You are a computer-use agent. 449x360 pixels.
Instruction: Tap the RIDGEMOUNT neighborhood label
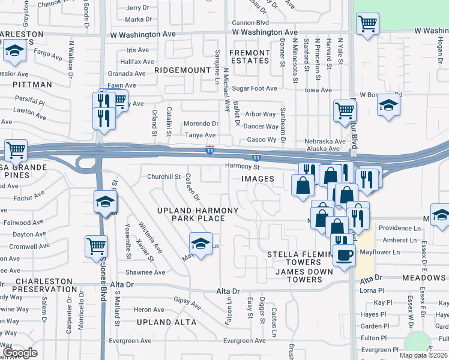[x=182, y=70]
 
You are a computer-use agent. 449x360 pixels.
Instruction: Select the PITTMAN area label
[x=32, y=85]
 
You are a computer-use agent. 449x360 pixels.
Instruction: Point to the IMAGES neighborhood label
[x=258, y=179]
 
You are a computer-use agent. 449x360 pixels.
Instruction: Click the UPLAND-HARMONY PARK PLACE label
[x=198, y=214]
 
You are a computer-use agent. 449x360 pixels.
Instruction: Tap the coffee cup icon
[x=344, y=255]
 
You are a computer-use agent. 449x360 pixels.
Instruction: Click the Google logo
[x=20, y=352]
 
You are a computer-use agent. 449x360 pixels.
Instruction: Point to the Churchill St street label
[x=164, y=176]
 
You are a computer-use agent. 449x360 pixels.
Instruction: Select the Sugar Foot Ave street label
[x=255, y=88]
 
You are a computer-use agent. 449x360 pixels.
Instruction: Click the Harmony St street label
[x=241, y=166]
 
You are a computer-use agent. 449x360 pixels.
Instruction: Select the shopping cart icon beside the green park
[x=367, y=24]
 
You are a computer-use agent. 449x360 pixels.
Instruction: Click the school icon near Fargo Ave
[x=14, y=52]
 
